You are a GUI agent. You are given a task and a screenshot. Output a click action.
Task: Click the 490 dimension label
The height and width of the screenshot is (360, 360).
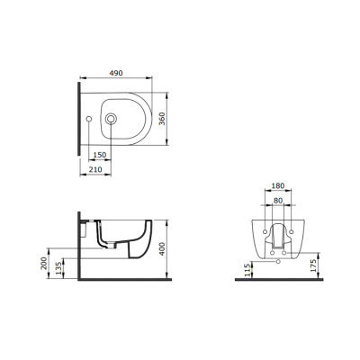pyautogui.click(x=116, y=73)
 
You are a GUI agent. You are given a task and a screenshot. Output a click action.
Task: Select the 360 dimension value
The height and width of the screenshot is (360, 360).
pyautogui.click(x=162, y=119)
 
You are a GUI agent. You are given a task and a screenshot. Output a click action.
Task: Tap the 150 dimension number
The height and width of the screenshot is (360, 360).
pyautogui.click(x=100, y=155)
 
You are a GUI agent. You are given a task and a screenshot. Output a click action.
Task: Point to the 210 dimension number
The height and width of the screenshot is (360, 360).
pyautogui.click(x=95, y=169)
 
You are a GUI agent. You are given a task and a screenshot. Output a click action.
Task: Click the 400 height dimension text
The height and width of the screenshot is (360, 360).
pyautogui.click(x=162, y=248)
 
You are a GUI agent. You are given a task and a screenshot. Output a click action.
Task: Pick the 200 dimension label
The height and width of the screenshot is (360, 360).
pyautogui.click(x=44, y=263)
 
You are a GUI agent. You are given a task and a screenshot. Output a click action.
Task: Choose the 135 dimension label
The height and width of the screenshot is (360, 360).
pyautogui.click(x=59, y=268)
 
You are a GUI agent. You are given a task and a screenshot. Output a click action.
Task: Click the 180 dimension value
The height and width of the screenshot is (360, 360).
pyautogui.click(x=278, y=186)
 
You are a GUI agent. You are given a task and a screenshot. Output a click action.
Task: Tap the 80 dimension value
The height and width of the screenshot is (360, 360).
pyautogui.click(x=278, y=201)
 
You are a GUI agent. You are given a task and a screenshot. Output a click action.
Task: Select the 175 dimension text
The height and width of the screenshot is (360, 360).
pyautogui.click(x=314, y=265)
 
